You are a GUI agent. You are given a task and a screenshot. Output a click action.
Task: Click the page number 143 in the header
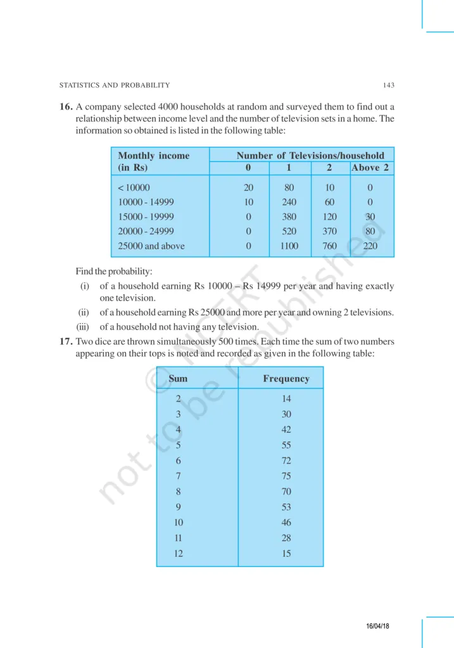(389, 85)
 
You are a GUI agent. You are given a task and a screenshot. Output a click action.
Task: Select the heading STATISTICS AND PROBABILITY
(114, 85)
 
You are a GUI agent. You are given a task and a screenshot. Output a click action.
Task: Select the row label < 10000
(134, 187)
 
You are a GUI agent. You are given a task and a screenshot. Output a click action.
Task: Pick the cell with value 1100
(289, 246)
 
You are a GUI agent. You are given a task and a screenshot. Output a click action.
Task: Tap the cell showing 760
(330, 246)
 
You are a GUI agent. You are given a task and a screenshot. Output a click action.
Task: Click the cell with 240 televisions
(289, 202)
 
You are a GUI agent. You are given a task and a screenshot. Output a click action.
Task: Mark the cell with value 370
(330, 232)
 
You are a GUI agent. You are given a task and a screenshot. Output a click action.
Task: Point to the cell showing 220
(370, 246)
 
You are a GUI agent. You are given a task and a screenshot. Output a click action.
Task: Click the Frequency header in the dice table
(286, 378)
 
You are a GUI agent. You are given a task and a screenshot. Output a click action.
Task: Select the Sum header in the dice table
(178, 378)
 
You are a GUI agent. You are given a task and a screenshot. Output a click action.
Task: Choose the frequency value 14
(286, 399)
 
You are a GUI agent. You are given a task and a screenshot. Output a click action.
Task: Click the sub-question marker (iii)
(84, 327)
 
